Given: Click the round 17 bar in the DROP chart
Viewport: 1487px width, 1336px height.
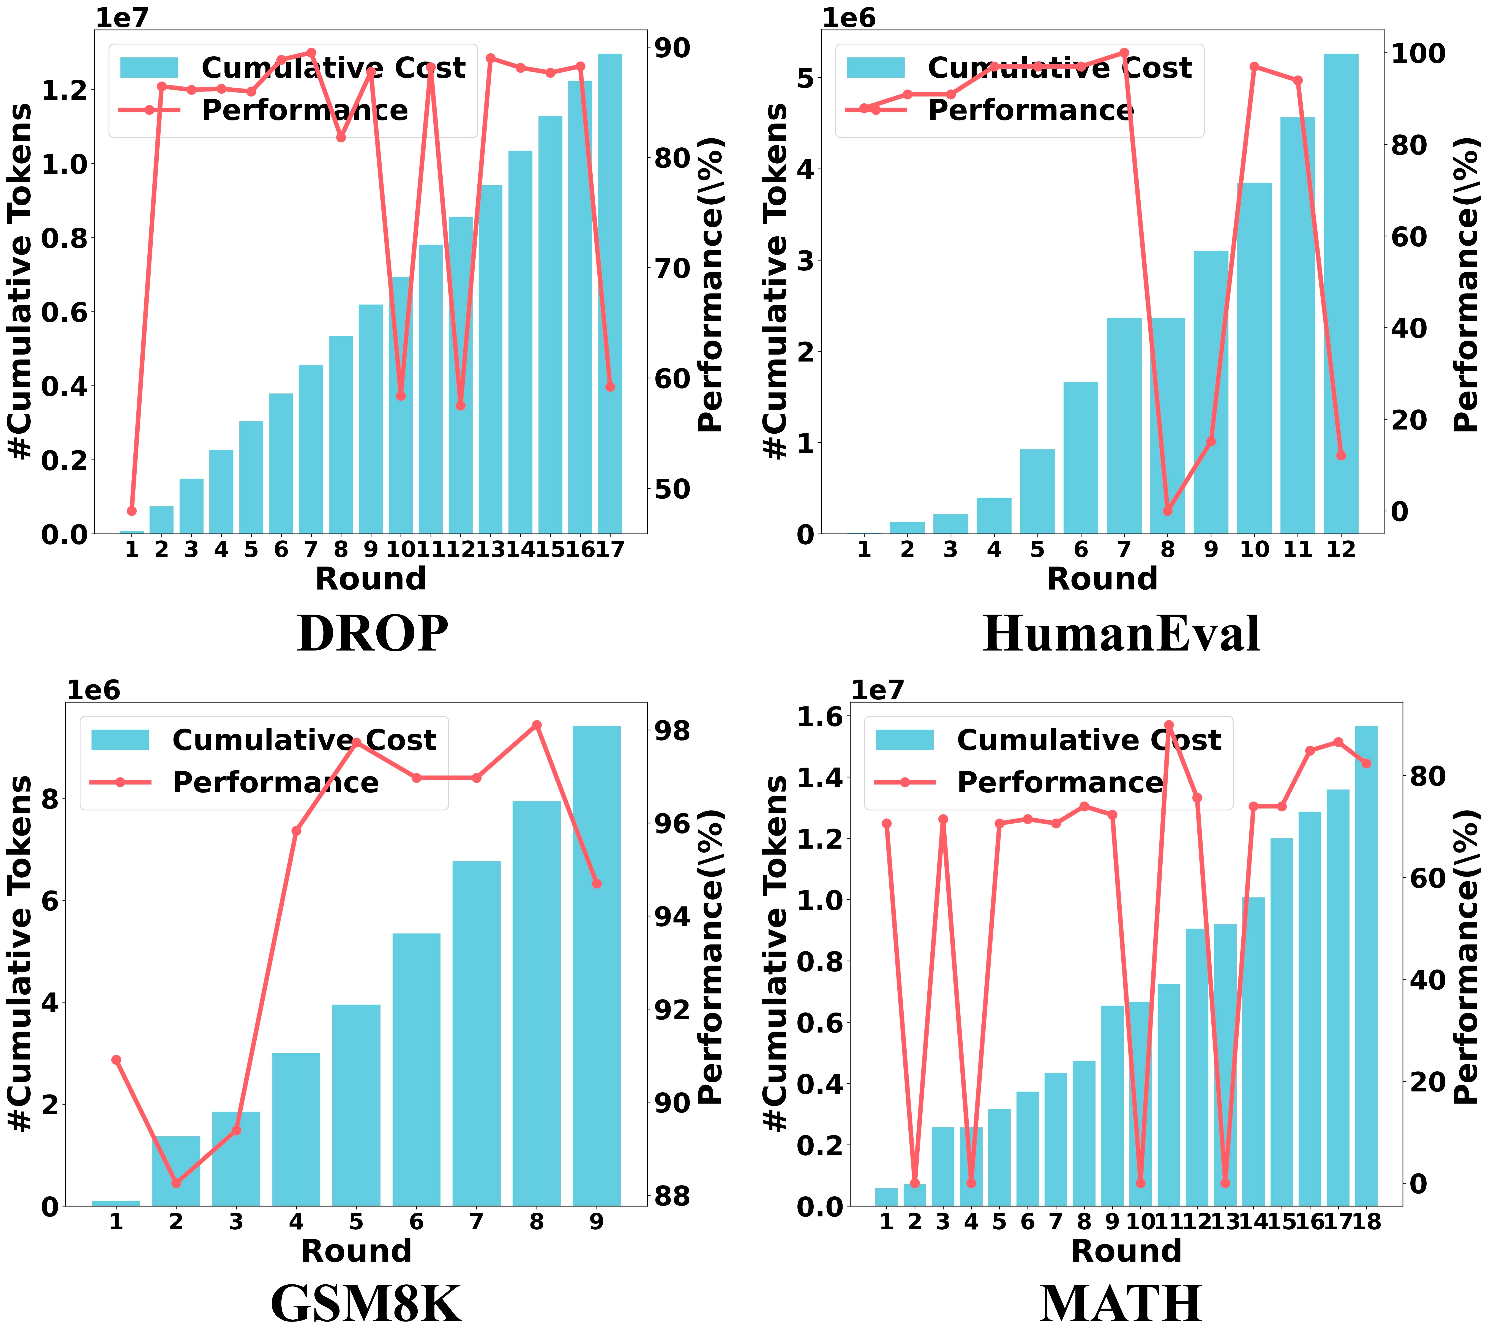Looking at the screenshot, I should [x=610, y=294].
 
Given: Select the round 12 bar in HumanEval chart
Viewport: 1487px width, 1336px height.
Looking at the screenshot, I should [x=1341, y=294].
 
